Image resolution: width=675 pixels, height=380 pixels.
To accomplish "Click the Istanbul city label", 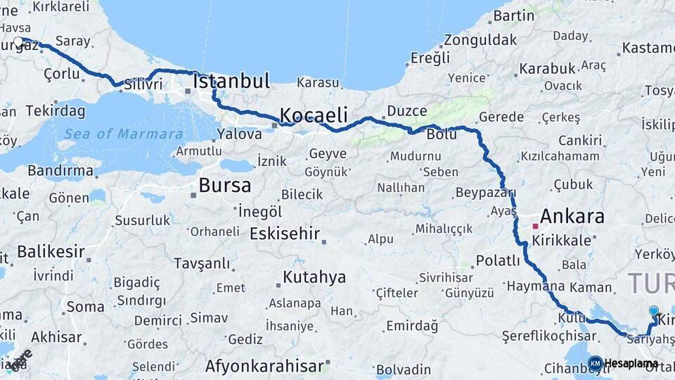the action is point(231,81).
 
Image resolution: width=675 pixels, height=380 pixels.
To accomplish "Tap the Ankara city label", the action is point(573,216).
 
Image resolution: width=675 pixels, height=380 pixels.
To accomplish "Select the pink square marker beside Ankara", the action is point(536,227).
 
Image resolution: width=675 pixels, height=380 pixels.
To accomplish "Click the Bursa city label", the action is point(224,186).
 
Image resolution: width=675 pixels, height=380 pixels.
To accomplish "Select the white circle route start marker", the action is point(19,42).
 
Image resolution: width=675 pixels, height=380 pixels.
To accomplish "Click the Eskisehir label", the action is point(285,234).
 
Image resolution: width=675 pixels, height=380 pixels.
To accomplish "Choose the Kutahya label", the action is point(314,277).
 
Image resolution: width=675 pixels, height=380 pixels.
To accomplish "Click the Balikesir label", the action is point(51,251).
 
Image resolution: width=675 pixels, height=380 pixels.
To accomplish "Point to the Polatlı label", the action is point(498,260).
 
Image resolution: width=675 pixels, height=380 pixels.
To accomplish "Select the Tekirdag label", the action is point(56,111).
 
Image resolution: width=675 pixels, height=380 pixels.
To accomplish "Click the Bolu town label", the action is point(442,134).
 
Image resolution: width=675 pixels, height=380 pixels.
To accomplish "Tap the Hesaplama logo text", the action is point(631,364).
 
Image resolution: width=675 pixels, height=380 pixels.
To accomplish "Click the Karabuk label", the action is point(547,69).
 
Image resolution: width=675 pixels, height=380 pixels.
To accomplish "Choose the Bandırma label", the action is point(60,171).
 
